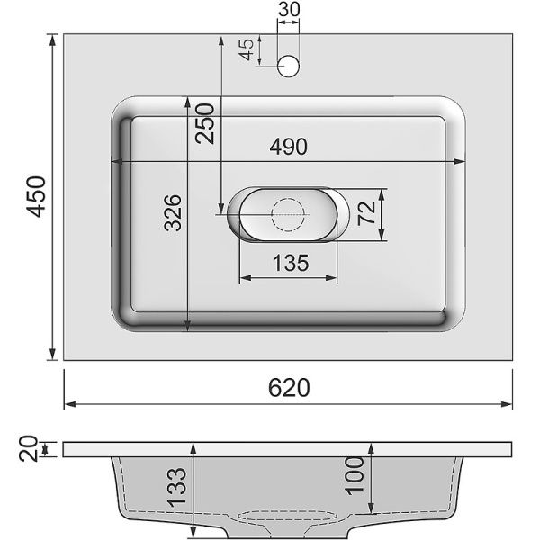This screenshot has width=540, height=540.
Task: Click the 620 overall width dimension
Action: coord(289,387)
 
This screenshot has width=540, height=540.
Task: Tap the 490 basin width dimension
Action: coord(288,147)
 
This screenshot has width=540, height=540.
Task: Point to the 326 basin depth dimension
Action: coord(174,212)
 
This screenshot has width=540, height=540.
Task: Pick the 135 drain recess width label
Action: coord(288,263)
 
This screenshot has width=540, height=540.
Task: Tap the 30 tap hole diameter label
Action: coord(289,11)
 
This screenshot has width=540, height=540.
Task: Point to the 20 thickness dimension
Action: coord(28,447)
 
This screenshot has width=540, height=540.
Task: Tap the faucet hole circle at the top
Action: coord(289,65)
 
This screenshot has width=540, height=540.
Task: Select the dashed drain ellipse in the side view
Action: coord(289,517)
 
